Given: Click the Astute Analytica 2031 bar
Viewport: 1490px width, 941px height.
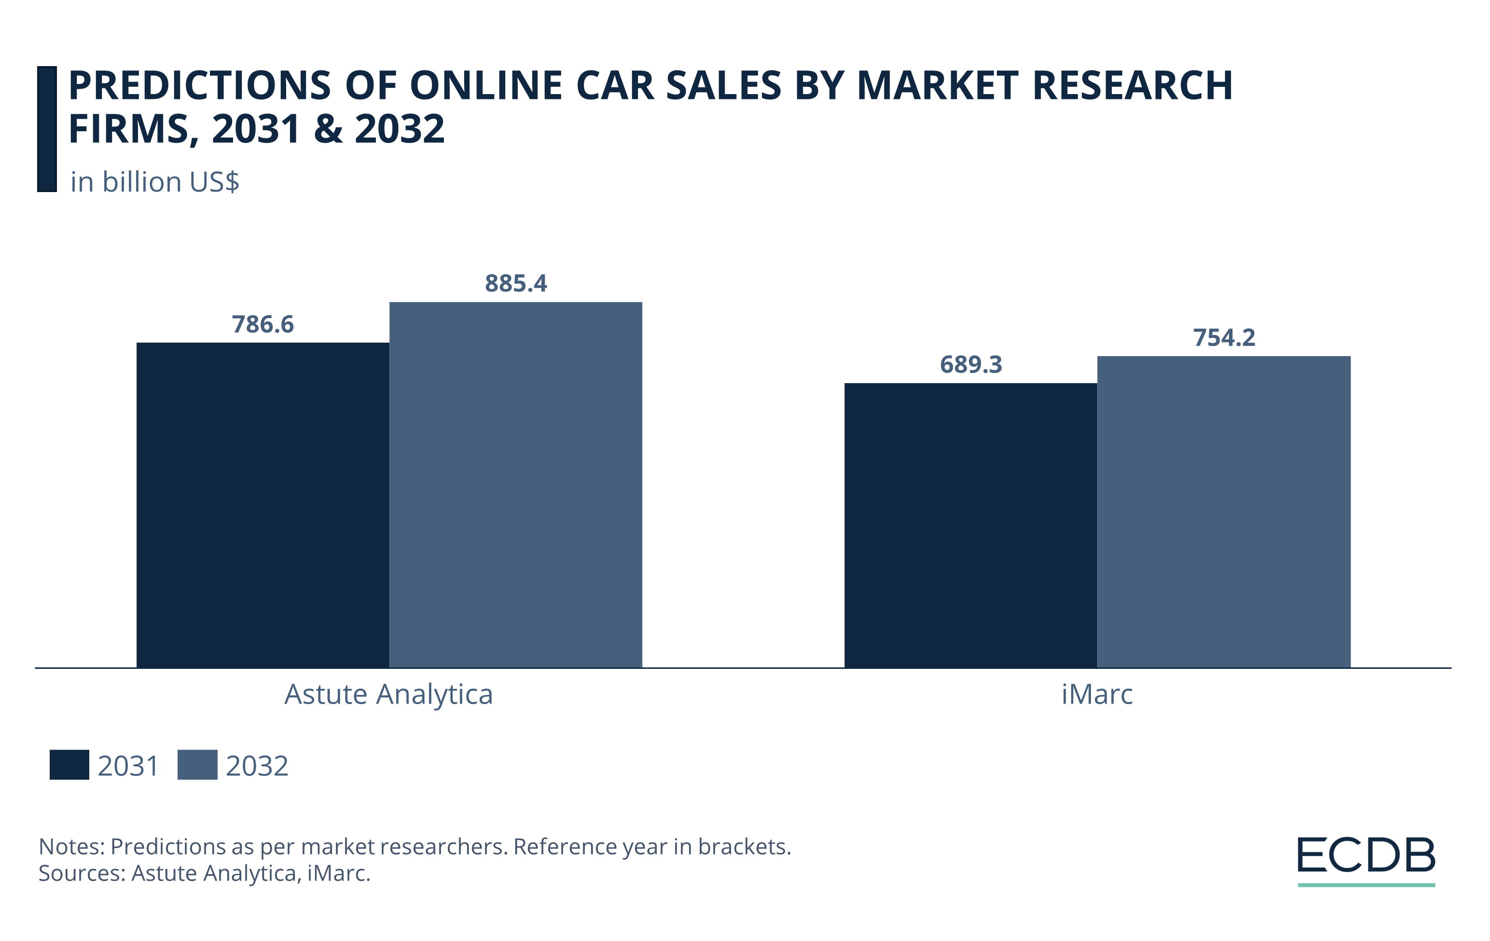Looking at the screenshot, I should [262, 505].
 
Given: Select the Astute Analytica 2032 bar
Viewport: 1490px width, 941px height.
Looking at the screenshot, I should [515, 484].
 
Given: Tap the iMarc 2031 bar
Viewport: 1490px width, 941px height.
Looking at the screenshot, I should [970, 525].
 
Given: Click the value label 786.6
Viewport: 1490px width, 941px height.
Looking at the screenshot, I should [262, 324].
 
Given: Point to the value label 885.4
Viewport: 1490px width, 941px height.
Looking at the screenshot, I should [515, 283].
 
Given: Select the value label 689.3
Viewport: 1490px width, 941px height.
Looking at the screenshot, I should [970, 364].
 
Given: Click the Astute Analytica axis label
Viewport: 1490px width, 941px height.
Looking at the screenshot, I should [388, 694].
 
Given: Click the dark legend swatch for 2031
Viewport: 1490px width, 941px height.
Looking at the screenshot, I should [69, 765].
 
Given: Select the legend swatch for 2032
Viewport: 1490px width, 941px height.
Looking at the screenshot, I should [197, 765].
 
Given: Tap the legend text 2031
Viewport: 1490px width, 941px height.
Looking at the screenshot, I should [128, 766].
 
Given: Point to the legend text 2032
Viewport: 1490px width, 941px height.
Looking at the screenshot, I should [257, 766].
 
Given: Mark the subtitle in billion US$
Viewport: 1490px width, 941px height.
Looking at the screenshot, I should [155, 182].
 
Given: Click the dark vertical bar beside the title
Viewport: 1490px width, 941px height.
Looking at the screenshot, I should [47, 129].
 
